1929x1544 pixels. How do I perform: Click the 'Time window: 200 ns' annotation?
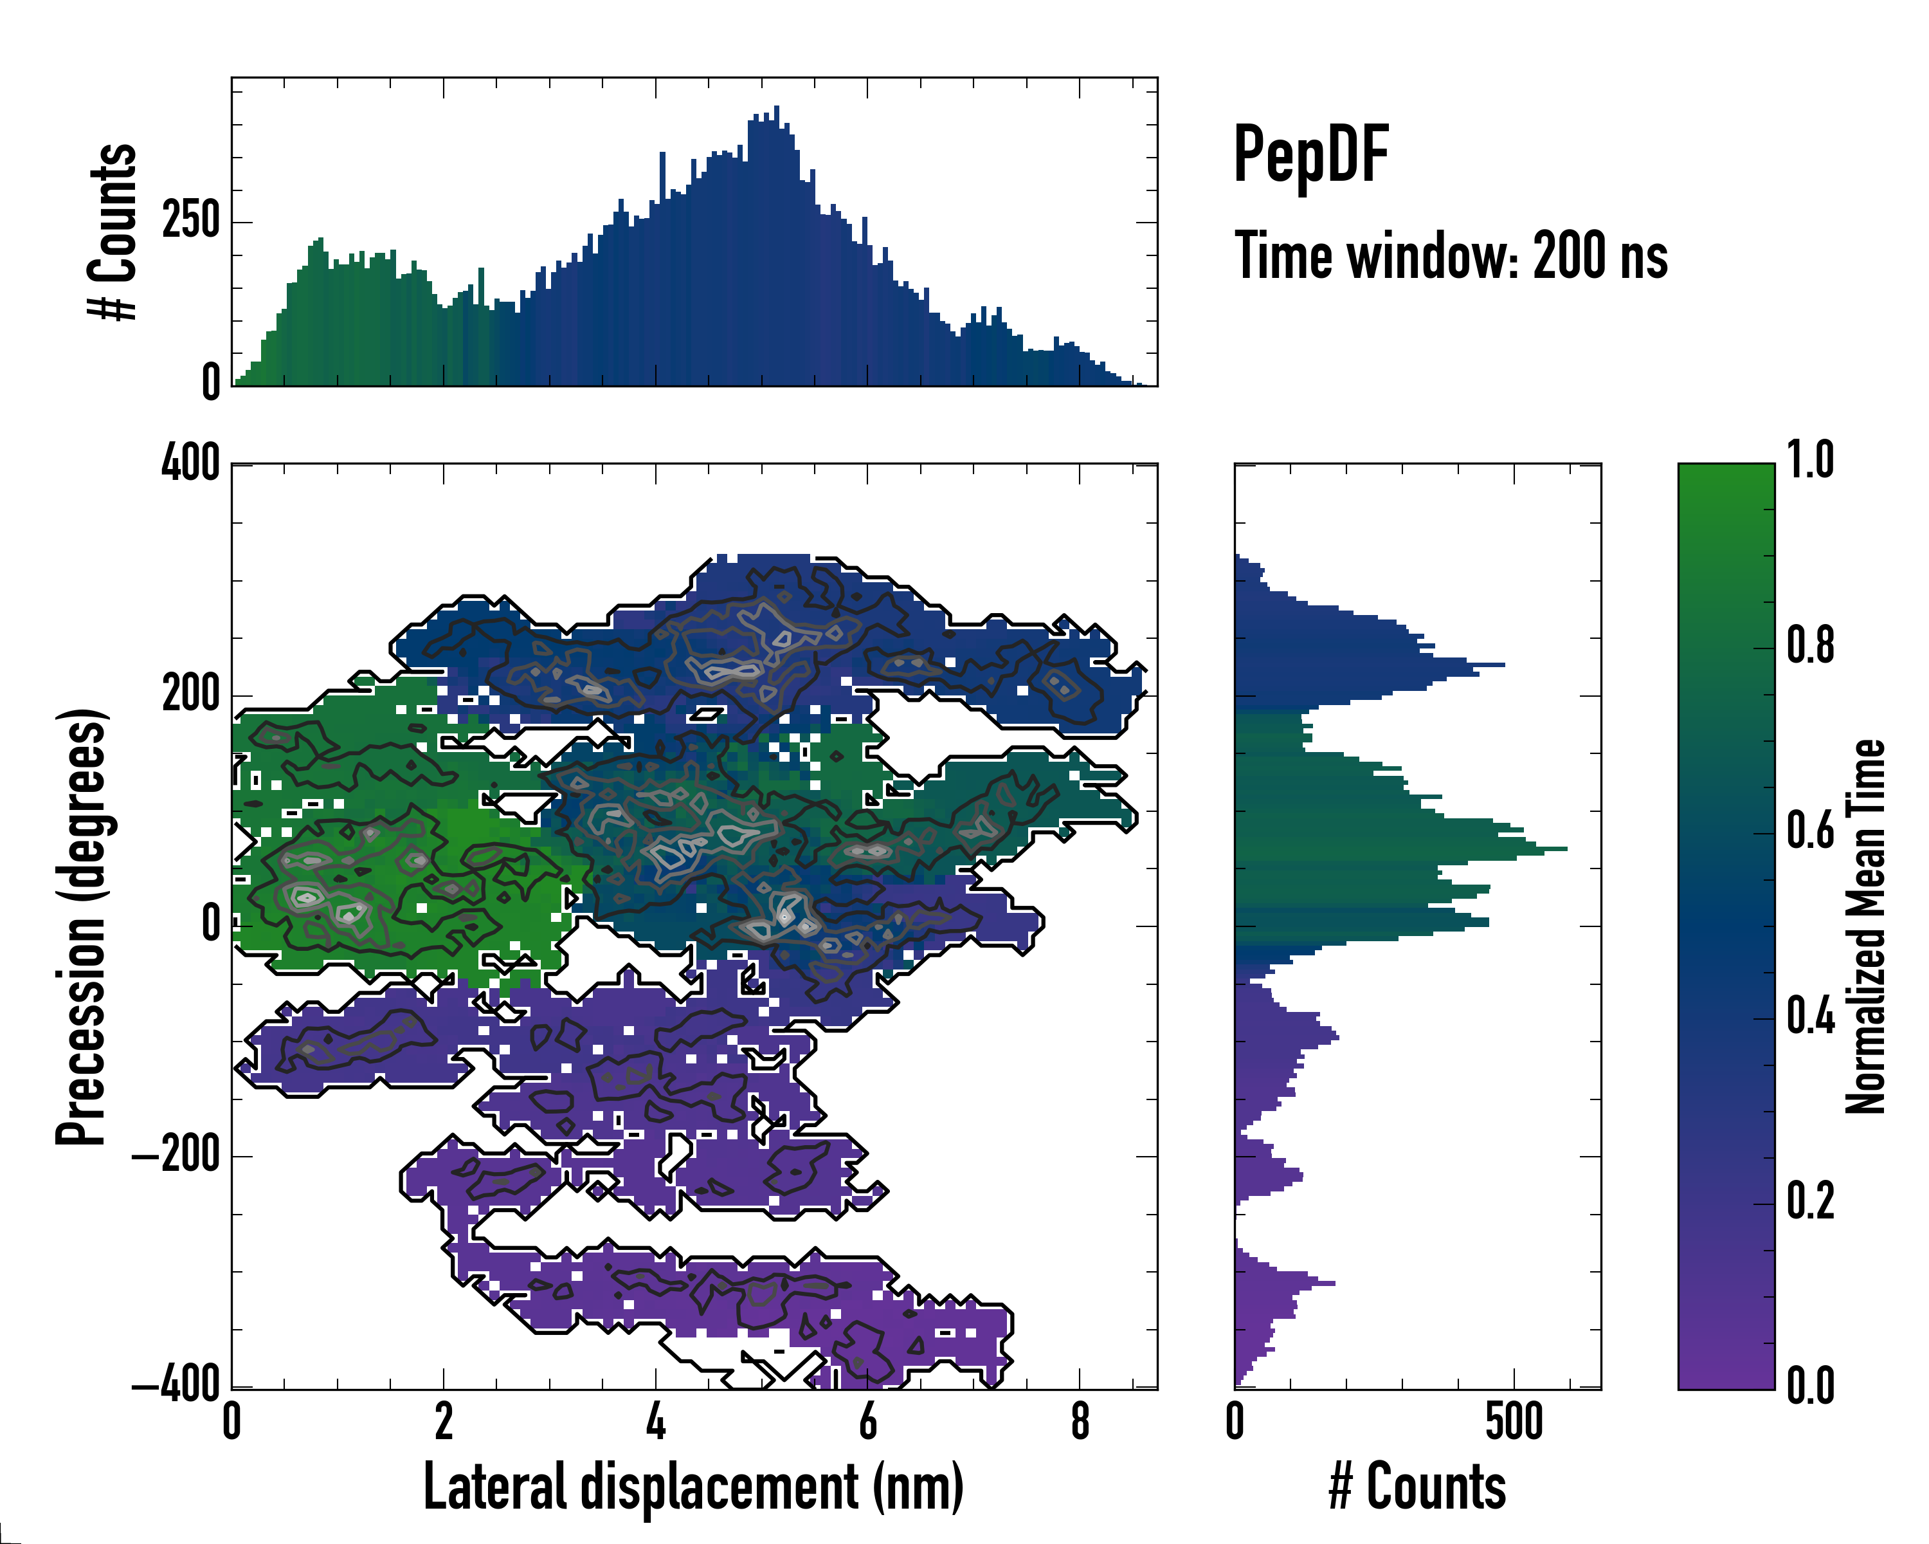(x=1451, y=256)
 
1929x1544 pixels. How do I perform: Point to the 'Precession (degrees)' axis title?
(x=82, y=926)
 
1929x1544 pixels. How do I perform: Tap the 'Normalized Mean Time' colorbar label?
(x=1865, y=926)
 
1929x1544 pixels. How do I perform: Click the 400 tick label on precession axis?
(x=190, y=464)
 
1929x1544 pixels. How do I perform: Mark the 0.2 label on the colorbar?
(x=1810, y=1200)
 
